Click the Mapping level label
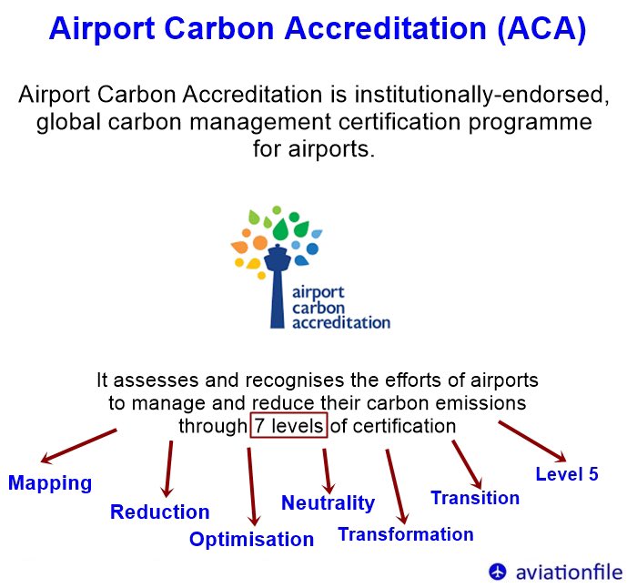click(x=50, y=482)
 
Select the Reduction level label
click(x=159, y=512)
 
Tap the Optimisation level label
click(x=251, y=539)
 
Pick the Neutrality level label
click(x=328, y=502)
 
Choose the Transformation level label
click(x=405, y=534)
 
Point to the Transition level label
click(x=474, y=498)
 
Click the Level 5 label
click(x=566, y=473)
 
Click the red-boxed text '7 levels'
click(x=288, y=426)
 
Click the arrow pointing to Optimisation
click(x=251, y=482)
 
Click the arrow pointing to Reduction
click(x=168, y=469)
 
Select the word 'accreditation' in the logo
click(x=341, y=321)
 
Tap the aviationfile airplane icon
click(x=497, y=572)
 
